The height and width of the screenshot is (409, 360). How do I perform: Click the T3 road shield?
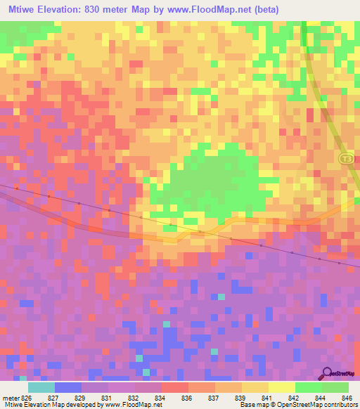[345, 160]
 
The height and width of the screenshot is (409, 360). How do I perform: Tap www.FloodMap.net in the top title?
[215, 10]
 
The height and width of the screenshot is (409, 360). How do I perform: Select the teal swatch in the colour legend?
[41, 387]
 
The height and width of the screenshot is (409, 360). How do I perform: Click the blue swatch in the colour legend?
[67, 387]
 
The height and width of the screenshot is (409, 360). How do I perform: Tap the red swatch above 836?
[174, 387]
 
